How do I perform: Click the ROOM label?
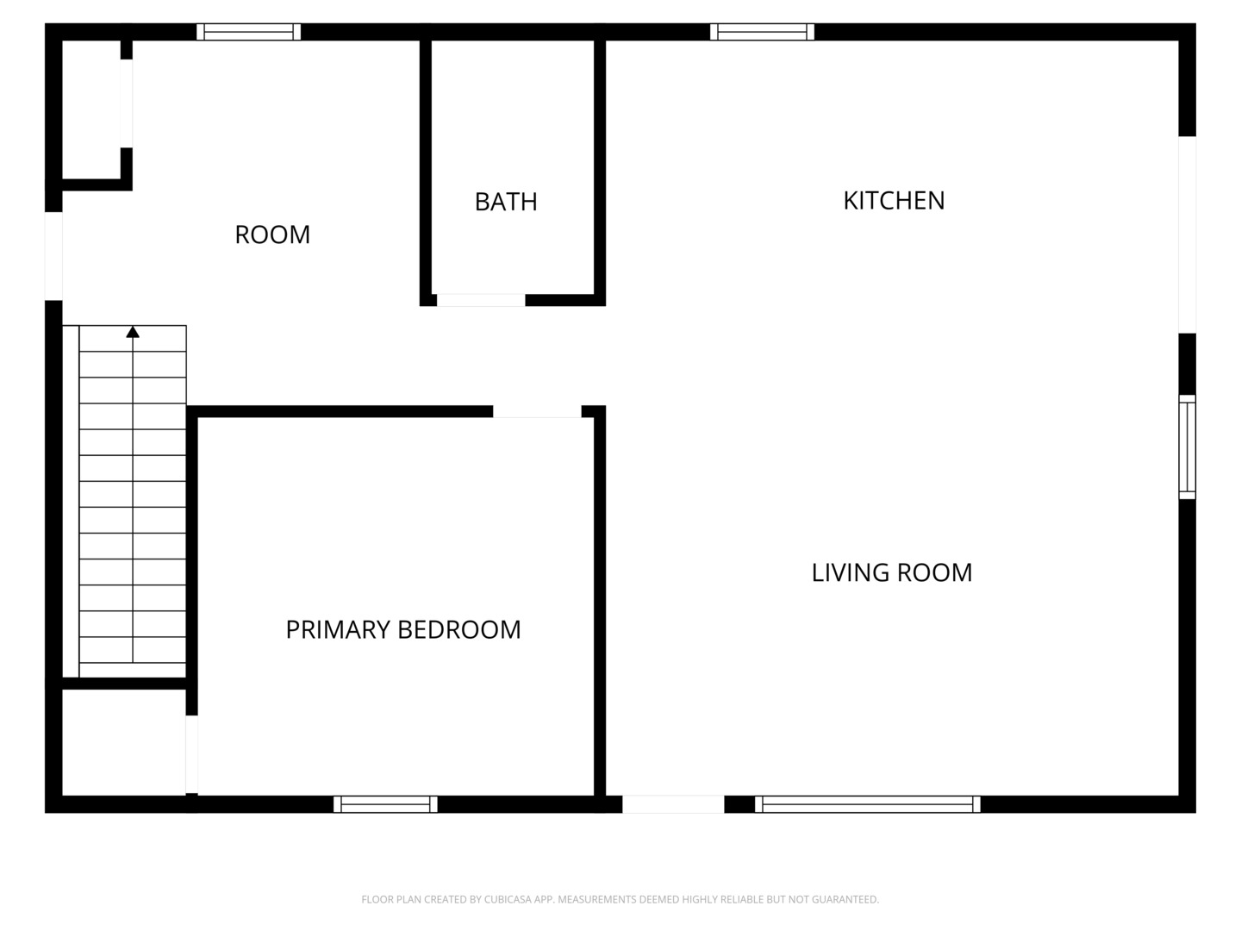[x=272, y=234]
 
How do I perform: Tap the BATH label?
[x=506, y=202]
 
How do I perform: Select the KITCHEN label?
[x=894, y=201]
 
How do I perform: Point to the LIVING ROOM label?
[x=892, y=572]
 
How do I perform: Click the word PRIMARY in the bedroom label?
[x=338, y=629]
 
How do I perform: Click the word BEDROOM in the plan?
[x=459, y=629]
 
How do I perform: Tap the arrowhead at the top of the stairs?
[x=133, y=332]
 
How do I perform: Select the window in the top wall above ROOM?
[x=249, y=32]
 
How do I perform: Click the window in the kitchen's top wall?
[x=762, y=32]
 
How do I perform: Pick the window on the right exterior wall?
[x=1188, y=447]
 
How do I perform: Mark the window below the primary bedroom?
[x=385, y=804]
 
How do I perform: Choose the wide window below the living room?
[x=868, y=804]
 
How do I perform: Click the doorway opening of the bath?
[x=481, y=300]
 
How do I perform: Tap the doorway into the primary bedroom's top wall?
[x=537, y=411]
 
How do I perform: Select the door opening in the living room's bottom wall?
[x=673, y=804]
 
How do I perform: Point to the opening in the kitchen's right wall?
[x=1188, y=234]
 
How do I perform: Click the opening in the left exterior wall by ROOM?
[x=53, y=256]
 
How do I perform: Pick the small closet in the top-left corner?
[x=91, y=109]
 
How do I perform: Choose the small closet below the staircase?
[x=124, y=742]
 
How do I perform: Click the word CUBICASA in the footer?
[x=508, y=899]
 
